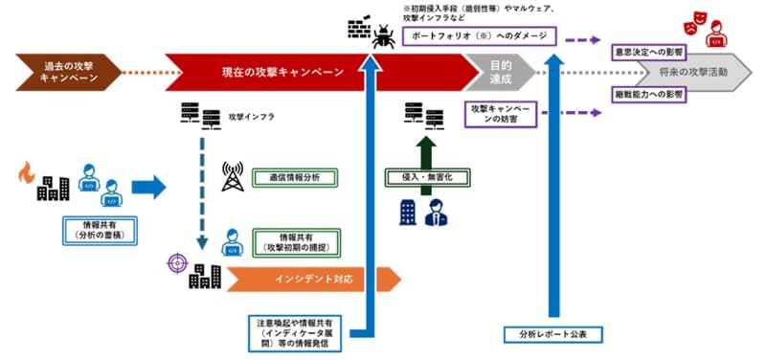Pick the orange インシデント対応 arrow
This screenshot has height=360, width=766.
coord(306,280)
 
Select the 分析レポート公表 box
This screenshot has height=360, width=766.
coord(551,334)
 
